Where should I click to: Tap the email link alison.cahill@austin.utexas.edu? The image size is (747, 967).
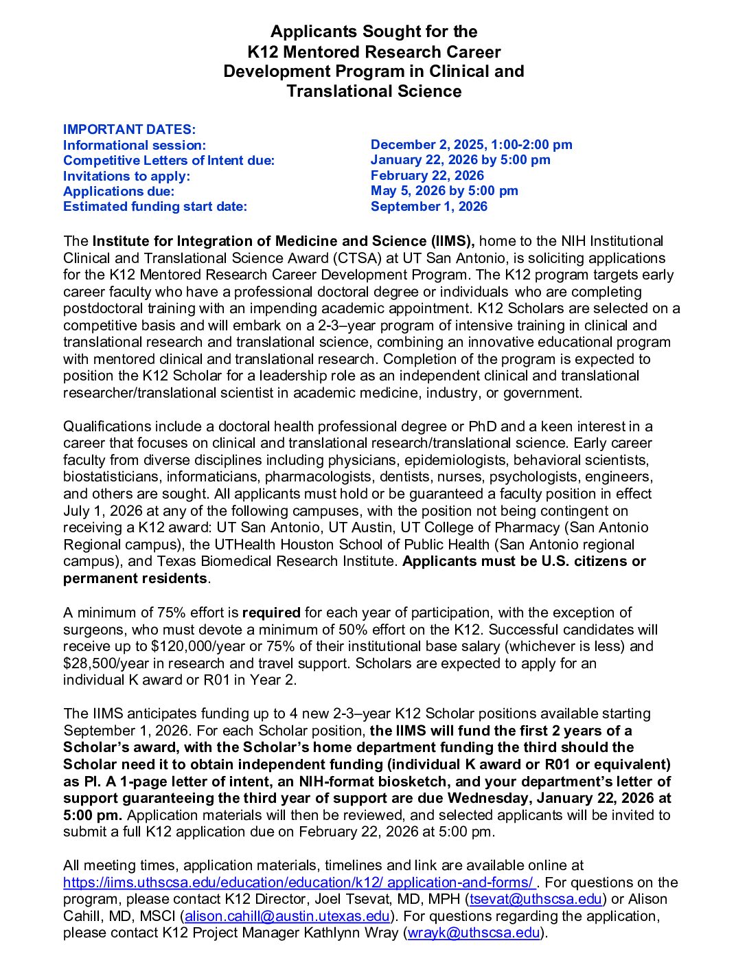click(x=287, y=916)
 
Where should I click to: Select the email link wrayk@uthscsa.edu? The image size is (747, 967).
click(x=473, y=933)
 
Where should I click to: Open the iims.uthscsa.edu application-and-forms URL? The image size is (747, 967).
click(x=299, y=883)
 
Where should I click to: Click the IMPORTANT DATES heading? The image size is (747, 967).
click(x=129, y=130)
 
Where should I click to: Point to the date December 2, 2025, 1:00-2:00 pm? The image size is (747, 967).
click(x=471, y=145)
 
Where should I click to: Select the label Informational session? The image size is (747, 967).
click(x=135, y=146)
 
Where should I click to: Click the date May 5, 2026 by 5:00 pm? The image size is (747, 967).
click(x=444, y=191)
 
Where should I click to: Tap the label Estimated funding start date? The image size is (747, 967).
click(x=155, y=207)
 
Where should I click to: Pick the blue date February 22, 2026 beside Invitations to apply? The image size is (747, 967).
click(x=427, y=176)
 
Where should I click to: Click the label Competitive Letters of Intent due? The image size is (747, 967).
click(x=169, y=161)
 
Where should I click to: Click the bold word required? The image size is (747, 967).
click(x=271, y=613)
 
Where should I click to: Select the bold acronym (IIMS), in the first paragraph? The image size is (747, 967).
click(x=453, y=241)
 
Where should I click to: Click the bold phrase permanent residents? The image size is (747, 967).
click(x=135, y=578)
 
